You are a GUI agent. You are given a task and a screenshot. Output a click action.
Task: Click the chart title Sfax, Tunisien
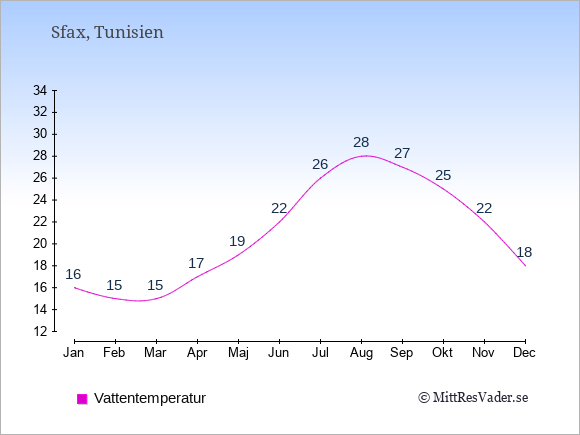pos(107,32)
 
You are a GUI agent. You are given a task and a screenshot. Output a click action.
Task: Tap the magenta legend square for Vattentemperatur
pos(82,399)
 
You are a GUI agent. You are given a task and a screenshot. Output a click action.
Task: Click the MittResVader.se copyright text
pos(473,398)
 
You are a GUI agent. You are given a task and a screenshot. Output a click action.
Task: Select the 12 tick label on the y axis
pos(40,331)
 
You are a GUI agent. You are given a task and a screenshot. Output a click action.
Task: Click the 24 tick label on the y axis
pos(40,200)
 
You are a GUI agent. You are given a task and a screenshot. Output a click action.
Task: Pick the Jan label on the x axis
pos(74,353)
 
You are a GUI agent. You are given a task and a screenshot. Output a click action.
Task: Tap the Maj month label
pos(238,353)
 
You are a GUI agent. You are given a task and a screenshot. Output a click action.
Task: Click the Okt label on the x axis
pos(442,353)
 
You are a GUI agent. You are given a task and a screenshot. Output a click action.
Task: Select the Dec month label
pos(524,353)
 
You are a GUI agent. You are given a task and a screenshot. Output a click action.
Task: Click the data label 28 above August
pos(361,142)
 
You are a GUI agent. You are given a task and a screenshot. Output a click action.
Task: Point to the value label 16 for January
pos(73,274)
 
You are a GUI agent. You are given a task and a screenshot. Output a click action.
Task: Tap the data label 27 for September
pos(402,153)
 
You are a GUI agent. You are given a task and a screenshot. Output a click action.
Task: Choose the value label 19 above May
pos(237,241)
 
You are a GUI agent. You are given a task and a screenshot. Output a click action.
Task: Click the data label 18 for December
pos(524,252)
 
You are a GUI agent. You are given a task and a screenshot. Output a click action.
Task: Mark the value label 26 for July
pos(320,164)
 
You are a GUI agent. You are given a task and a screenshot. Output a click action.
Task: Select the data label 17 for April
pos(196,263)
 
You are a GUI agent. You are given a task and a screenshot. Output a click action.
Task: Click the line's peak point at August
pos(366,156)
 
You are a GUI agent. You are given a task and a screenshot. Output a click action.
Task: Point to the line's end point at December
pos(525,266)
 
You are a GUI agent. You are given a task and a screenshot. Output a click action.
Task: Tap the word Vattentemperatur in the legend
pos(150,398)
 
